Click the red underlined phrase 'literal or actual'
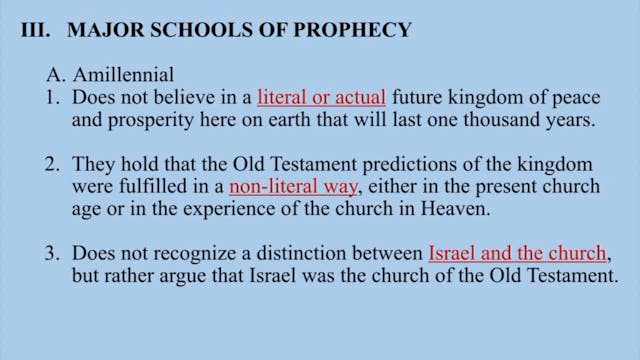pyautogui.click(x=321, y=99)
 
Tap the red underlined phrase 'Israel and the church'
pyautogui.click(x=518, y=253)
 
